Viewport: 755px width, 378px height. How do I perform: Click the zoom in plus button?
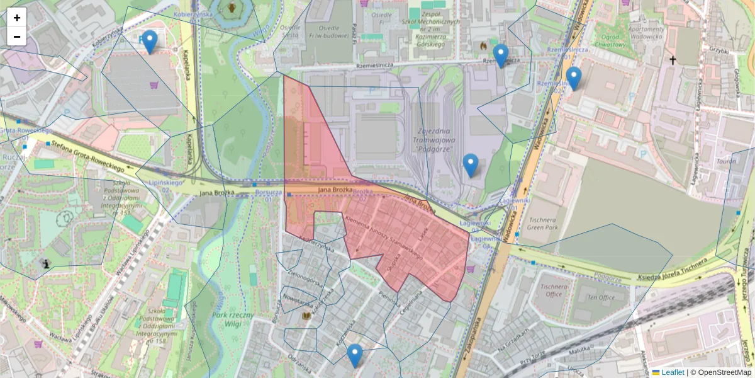coord(17,18)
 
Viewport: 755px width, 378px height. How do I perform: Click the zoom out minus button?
coord(17,37)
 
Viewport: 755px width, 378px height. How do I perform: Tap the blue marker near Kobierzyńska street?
coord(149,42)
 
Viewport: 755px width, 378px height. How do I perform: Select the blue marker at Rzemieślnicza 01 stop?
coord(500,56)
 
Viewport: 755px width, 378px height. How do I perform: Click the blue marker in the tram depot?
coord(471,165)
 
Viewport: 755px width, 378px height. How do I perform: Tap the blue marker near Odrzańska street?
coord(355,355)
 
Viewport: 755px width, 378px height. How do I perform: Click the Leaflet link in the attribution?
coord(672,372)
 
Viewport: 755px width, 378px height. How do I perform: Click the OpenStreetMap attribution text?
coord(720,372)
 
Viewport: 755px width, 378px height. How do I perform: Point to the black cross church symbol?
coord(673,60)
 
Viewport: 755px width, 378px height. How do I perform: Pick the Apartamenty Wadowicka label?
coord(646,33)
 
